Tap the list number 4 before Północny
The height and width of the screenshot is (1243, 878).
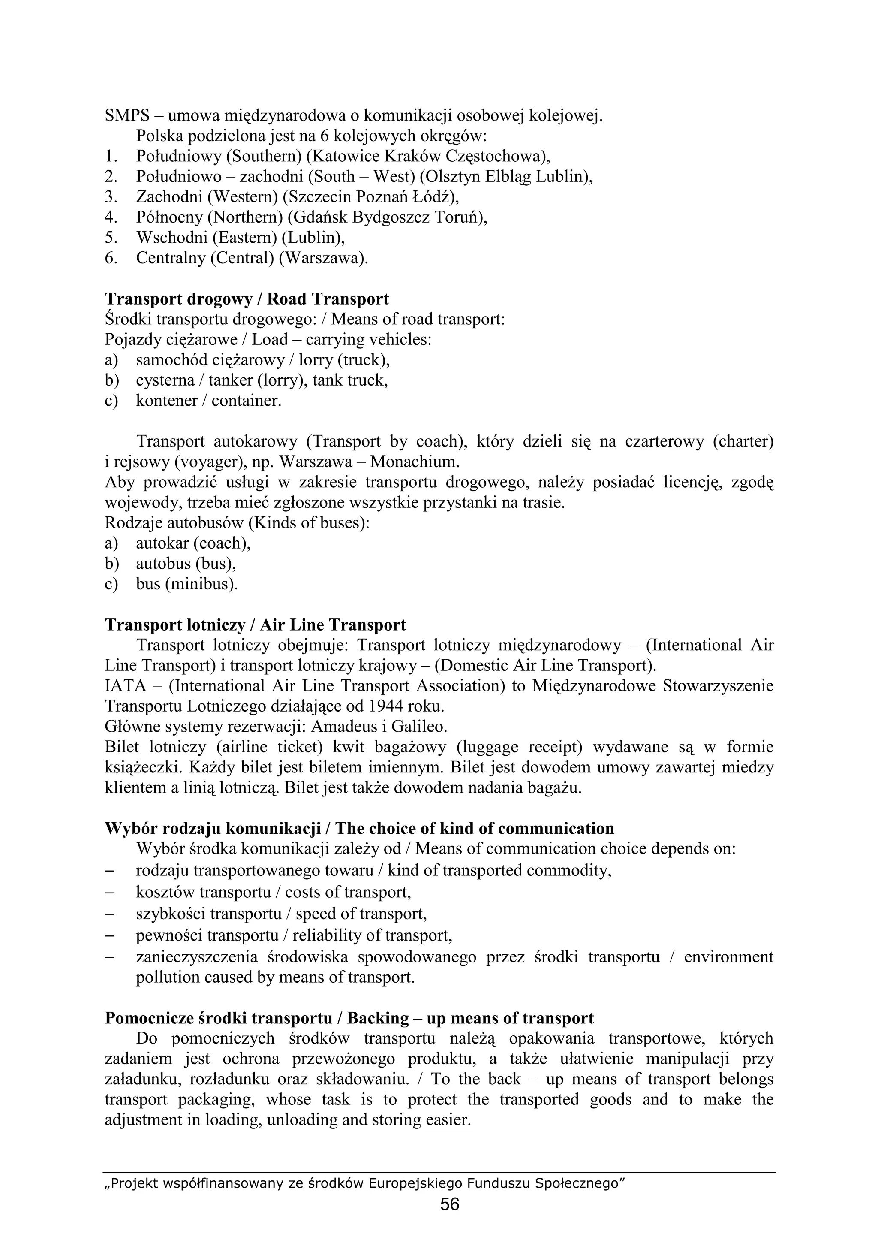click(x=110, y=217)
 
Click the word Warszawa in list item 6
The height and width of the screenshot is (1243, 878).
click(x=322, y=258)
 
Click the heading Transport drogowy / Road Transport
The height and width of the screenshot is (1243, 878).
click(x=247, y=299)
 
